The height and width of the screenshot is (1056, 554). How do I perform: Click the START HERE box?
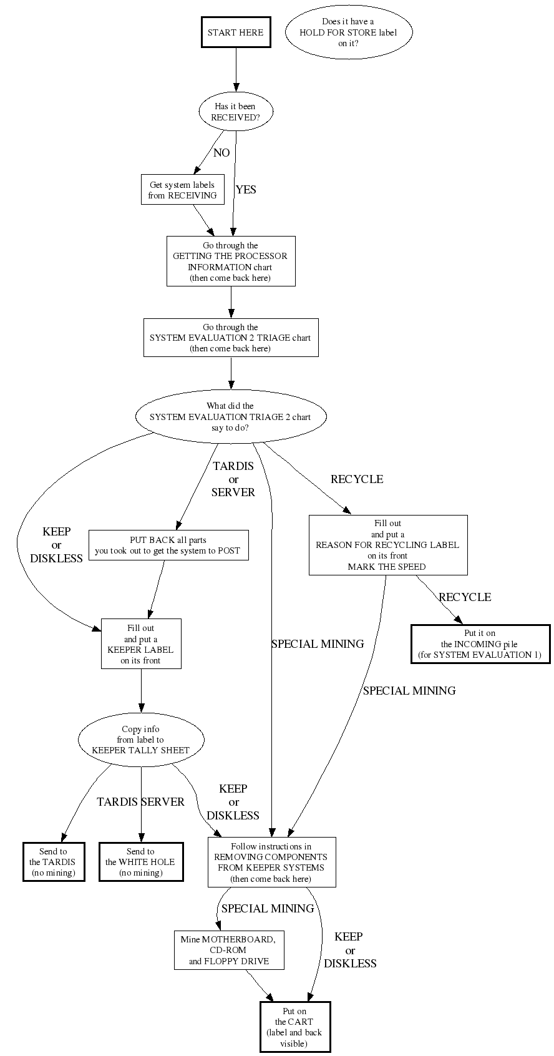[235, 32]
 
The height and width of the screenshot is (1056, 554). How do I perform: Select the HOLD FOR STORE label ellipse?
[348, 32]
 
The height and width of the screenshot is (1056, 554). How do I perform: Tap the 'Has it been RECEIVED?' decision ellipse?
[235, 112]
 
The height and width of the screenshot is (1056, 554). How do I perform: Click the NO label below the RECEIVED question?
[221, 153]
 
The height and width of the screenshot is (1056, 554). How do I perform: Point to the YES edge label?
[246, 190]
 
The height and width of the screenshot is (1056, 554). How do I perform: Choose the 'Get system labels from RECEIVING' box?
[182, 190]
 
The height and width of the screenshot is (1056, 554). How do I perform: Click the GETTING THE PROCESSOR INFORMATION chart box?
[230, 262]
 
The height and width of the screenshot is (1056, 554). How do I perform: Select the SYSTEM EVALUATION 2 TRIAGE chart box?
[230, 338]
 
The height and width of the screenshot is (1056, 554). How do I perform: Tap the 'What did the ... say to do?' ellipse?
[230, 417]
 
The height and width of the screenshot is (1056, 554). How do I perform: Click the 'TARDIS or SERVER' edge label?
[233, 479]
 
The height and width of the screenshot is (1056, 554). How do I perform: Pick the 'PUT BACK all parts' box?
[168, 545]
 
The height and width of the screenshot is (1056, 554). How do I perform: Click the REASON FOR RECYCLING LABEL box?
[387, 545]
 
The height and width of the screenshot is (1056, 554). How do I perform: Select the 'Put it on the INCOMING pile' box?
[480, 644]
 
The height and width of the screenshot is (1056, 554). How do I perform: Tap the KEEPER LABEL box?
[141, 644]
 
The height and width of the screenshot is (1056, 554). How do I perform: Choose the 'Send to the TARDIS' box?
[53, 862]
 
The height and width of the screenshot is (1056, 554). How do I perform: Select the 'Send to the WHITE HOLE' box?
[141, 862]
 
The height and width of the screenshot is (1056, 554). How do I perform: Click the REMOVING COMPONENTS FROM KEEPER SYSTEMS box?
[271, 863]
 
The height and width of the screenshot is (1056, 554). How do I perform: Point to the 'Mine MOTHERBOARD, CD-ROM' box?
[229, 950]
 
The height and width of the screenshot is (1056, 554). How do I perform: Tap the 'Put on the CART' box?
[294, 1027]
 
